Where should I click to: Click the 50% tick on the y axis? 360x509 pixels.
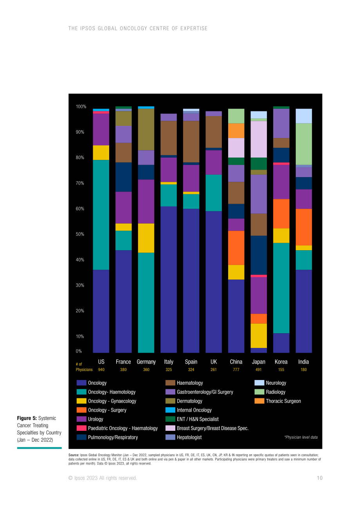(x=80, y=234)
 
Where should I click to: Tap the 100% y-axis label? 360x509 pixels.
(x=81, y=107)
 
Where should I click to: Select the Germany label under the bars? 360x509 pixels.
(x=146, y=362)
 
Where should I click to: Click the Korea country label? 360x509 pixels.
(x=281, y=362)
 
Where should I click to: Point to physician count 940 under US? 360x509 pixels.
(x=101, y=369)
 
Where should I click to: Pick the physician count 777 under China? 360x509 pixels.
(x=236, y=369)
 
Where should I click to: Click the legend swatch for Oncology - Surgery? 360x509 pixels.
(x=81, y=410)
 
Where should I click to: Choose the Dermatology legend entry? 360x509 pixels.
(x=184, y=401)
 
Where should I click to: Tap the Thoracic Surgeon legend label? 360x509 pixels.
(x=283, y=401)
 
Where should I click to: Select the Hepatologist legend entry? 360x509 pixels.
(x=183, y=437)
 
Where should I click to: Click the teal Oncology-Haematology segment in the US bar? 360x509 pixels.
(x=101, y=215)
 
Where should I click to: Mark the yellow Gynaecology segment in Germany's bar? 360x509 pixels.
(x=146, y=238)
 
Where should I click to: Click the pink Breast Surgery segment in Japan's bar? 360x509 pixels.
(x=259, y=139)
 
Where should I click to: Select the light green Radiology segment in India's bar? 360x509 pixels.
(x=304, y=144)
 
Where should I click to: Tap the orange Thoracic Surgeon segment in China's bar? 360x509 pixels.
(x=236, y=131)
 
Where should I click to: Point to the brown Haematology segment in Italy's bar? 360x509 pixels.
(x=169, y=138)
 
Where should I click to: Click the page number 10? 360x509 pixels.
(x=320, y=478)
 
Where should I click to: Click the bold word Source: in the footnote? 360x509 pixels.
(x=74, y=455)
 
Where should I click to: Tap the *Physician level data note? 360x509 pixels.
(x=301, y=437)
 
